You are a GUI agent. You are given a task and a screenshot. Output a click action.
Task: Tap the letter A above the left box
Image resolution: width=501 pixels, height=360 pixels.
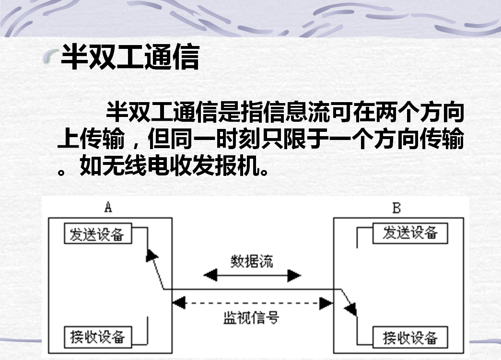pyautogui.click(x=108, y=207)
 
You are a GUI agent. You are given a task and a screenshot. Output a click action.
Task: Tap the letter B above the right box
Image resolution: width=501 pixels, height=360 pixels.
pyautogui.click(x=396, y=208)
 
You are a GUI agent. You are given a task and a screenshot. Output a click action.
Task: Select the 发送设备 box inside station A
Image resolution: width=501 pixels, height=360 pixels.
pyautogui.click(x=98, y=234)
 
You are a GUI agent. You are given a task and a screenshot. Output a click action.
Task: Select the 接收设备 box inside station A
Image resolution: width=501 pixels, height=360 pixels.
pyautogui.click(x=98, y=337)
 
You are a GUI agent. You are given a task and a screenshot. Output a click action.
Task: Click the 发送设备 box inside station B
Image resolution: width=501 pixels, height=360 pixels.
pyautogui.click(x=410, y=233)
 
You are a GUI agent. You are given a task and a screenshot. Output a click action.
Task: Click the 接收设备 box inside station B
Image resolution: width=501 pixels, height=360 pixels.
pyautogui.click(x=410, y=337)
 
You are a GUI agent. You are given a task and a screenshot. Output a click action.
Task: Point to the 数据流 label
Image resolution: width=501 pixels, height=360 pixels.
pyautogui.click(x=252, y=261)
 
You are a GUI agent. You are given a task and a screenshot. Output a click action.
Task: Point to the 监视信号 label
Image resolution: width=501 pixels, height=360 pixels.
pyautogui.click(x=251, y=317)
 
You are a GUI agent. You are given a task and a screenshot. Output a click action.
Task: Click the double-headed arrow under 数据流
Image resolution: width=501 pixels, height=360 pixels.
pyautogui.click(x=252, y=275)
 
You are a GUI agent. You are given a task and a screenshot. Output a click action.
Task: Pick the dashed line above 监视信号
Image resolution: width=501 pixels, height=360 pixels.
pyautogui.click(x=252, y=302)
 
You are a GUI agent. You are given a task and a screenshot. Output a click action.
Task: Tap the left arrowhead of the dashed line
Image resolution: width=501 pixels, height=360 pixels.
pyautogui.click(x=178, y=302)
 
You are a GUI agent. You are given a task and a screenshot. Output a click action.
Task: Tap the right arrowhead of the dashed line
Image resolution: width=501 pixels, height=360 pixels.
pyautogui.click(x=326, y=302)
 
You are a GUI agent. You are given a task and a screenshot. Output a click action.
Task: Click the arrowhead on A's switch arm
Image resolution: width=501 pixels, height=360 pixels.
pyautogui.click(x=152, y=255)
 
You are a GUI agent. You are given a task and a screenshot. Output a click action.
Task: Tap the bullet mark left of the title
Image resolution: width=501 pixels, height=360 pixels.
pyautogui.click(x=50, y=58)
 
